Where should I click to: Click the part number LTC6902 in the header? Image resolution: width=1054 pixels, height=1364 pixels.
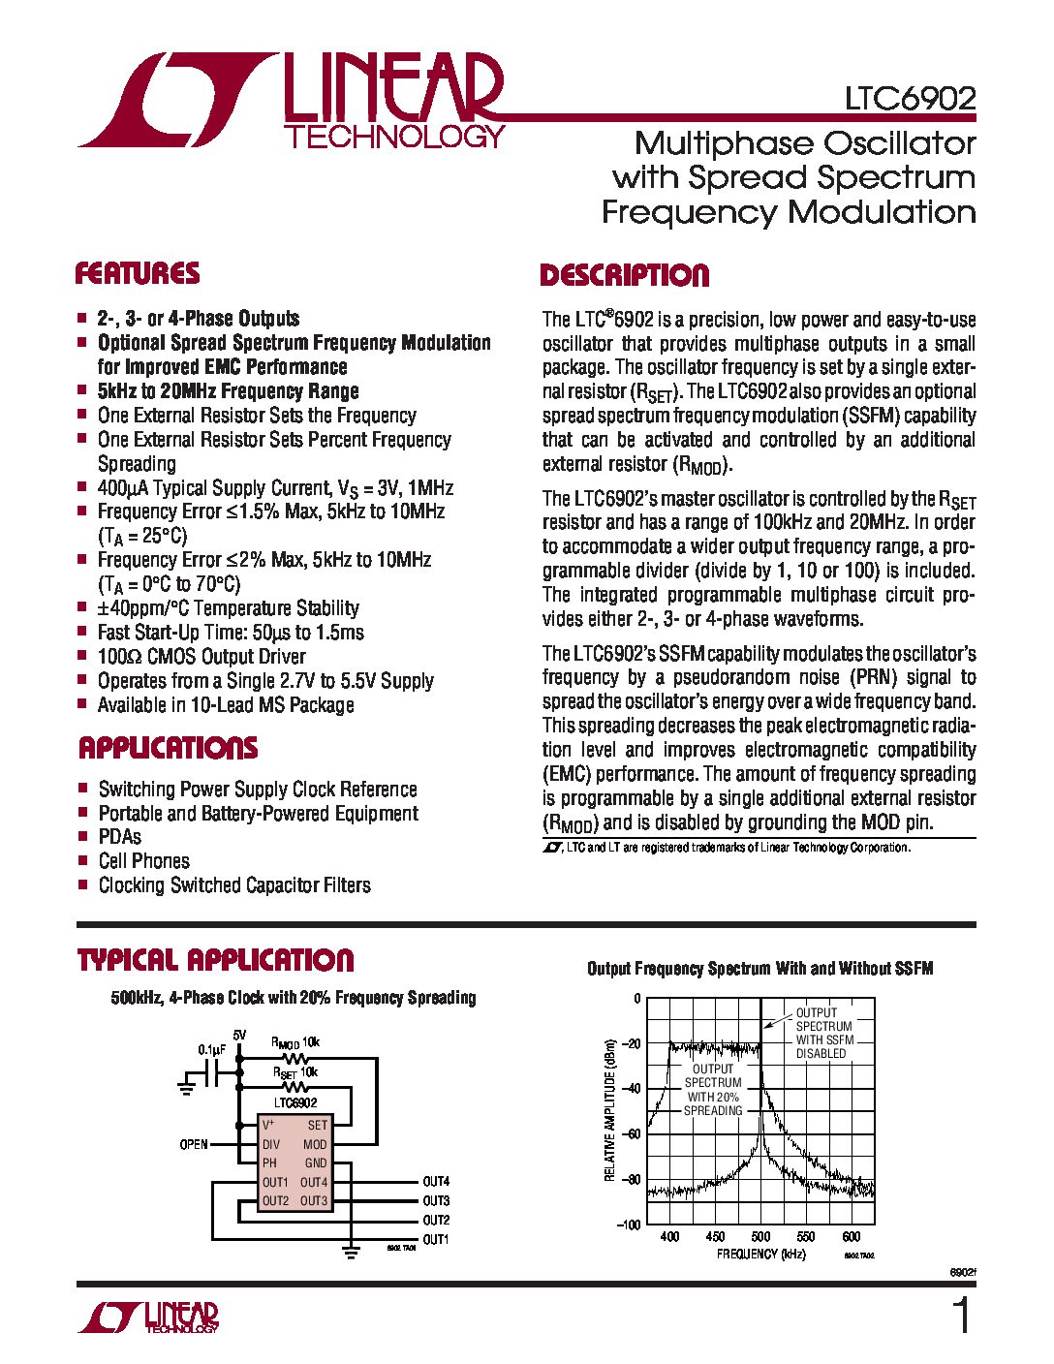910,99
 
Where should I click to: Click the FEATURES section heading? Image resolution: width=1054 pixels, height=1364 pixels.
138,273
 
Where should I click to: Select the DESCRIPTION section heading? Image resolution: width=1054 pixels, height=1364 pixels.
624,276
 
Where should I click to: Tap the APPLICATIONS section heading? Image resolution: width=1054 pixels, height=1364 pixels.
168,748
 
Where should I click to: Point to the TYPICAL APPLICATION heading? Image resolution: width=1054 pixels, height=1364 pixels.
215,960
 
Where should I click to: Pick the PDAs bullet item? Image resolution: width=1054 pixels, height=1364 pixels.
119,836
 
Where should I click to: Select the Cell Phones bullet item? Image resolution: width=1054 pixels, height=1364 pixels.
143,860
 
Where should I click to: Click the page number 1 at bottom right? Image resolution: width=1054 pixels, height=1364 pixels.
960,1317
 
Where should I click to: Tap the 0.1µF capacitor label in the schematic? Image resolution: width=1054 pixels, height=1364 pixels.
212,1049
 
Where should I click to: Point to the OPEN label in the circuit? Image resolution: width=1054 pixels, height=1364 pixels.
194,1144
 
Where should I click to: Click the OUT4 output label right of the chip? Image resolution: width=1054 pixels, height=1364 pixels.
436,1182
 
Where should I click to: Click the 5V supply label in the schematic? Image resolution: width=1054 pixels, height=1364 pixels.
239,1035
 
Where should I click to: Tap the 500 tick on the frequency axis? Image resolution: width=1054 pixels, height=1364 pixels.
760,1236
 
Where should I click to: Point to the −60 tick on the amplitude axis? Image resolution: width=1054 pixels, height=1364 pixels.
630,1133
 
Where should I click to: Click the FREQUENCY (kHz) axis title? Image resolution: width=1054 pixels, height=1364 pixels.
760,1254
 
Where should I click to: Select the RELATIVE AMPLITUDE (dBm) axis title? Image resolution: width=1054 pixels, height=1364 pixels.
610,1110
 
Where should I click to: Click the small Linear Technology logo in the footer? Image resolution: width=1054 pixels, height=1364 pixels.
149,1317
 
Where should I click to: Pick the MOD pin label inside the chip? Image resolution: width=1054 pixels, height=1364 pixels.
315,1144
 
